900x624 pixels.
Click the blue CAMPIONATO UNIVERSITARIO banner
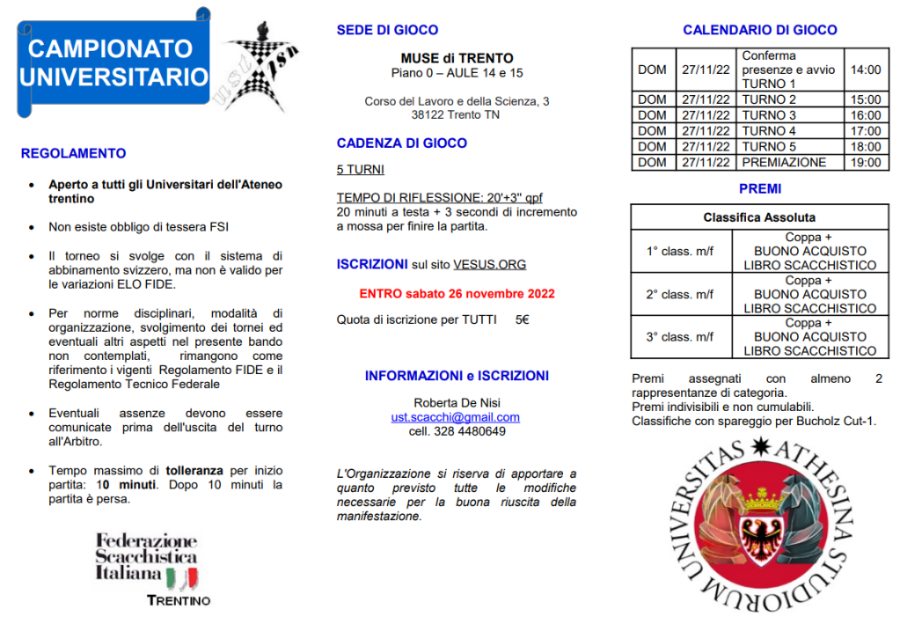tap(113, 62)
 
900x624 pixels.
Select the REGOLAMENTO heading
tap(73, 153)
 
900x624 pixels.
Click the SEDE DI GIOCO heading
tap(387, 31)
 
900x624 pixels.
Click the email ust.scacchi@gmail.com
tap(456, 417)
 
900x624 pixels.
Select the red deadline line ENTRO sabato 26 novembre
tap(457, 293)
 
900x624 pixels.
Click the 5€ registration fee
tap(523, 319)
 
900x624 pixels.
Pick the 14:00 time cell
tap(865, 70)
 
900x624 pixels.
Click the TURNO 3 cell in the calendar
tap(769, 115)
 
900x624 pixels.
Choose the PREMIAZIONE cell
tap(784, 163)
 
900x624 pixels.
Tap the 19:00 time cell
tap(865, 163)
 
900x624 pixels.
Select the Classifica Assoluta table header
tap(759, 217)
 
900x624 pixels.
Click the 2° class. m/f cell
tap(680, 294)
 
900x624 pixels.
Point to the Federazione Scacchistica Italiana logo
tap(147, 564)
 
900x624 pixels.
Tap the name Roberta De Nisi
tap(457, 403)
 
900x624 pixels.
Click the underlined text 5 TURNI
tap(360, 170)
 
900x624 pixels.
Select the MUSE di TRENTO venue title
tap(457, 58)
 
